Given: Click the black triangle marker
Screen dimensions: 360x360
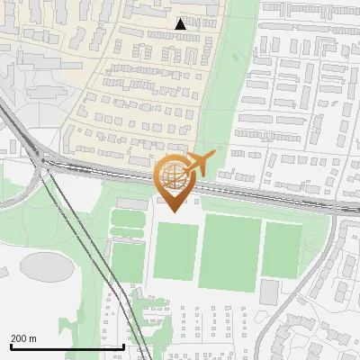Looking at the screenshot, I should point(181,24).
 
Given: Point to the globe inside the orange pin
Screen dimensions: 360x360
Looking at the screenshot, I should point(172,176).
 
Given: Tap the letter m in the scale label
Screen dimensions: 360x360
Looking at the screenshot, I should point(33,338).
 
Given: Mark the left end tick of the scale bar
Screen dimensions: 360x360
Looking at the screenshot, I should point(11,346).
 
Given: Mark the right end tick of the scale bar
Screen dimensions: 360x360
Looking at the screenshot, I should point(123,346).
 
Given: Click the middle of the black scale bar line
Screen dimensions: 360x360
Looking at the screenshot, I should point(67,346).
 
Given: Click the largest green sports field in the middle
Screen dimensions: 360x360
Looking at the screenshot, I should point(230,252).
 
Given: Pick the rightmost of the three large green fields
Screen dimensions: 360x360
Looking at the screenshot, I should point(283,249).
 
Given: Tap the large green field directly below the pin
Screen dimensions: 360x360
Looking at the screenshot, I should point(175,252).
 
